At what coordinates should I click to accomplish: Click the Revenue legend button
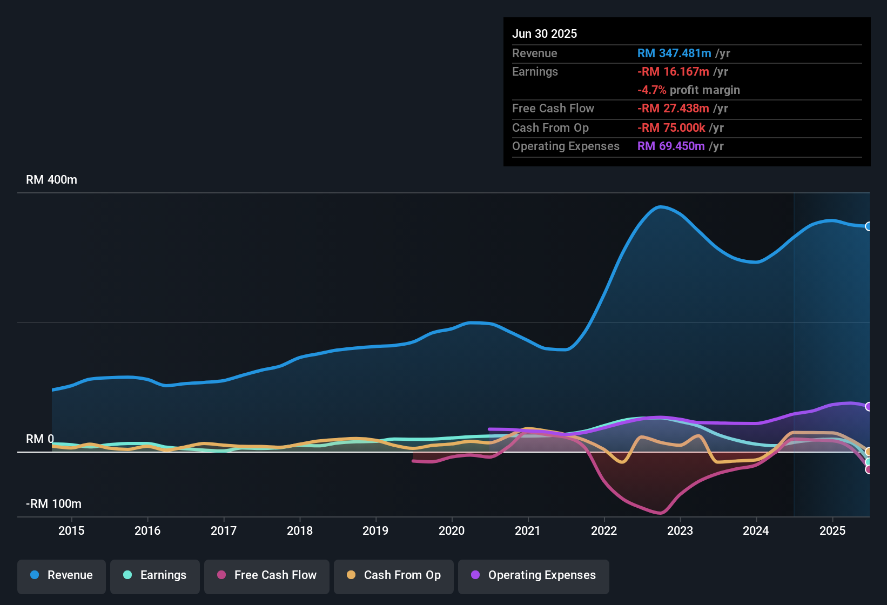click(62, 575)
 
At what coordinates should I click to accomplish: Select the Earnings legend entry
click(155, 575)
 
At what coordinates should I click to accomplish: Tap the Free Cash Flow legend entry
click(267, 575)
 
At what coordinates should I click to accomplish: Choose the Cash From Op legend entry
click(394, 575)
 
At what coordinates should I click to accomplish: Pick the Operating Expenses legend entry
click(534, 575)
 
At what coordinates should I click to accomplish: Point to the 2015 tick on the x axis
click(71, 530)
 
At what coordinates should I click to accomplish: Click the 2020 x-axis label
click(452, 530)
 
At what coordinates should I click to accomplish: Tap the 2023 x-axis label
click(680, 530)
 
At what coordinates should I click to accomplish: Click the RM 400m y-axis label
click(51, 180)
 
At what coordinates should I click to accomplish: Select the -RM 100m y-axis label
click(53, 504)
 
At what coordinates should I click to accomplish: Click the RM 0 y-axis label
click(40, 439)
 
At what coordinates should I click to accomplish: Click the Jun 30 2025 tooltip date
click(545, 33)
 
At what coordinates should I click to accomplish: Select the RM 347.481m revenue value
click(674, 53)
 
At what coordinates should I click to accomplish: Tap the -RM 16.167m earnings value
click(673, 72)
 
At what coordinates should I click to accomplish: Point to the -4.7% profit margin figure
click(651, 90)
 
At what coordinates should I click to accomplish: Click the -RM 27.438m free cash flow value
click(673, 109)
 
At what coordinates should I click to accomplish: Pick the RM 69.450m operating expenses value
click(671, 146)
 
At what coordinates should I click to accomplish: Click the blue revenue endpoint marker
click(868, 226)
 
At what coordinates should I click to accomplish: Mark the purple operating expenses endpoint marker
click(868, 406)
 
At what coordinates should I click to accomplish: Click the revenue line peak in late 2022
click(660, 206)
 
